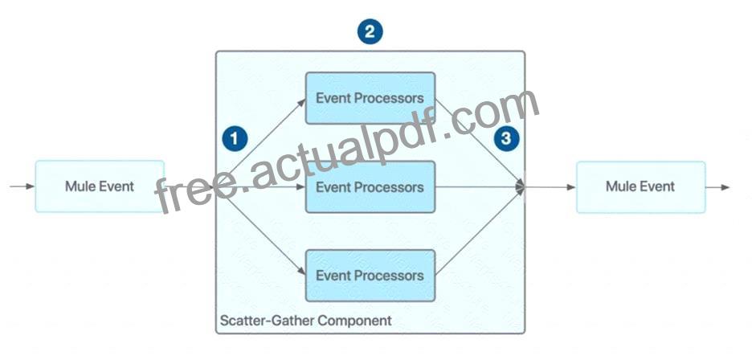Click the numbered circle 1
(235, 139)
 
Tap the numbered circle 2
(370, 32)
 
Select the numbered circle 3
(506, 139)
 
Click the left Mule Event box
(100, 186)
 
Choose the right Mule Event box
(641, 186)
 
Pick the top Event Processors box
(370, 98)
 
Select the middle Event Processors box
(370, 186)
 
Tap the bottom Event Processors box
(370, 276)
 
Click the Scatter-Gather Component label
(305, 320)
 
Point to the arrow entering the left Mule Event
(22, 186)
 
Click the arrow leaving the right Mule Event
(717, 186)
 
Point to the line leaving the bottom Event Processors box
(480, 232)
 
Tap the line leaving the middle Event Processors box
(480, 186)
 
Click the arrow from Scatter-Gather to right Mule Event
(550, 186)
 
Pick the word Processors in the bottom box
(389, 276)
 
